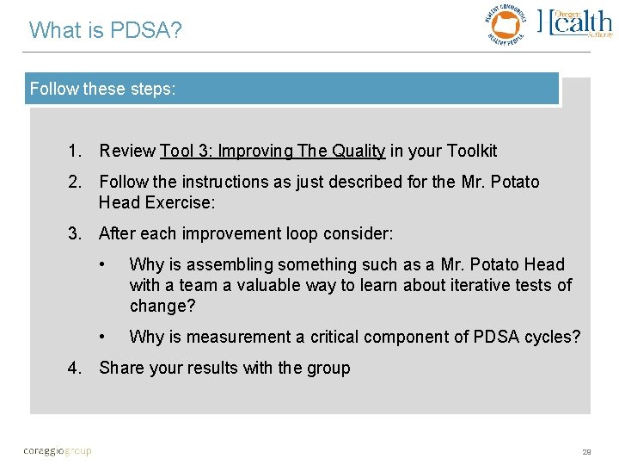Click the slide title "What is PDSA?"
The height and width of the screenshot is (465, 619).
click(x=106, y=30)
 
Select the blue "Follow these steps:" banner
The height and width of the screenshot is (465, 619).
click(x=292, y=89)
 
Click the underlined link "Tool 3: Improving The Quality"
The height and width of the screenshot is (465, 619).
click(x=273, y=152)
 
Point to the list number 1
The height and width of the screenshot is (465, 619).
click(x=75, y=152)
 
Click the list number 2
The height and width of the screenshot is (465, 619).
click(x=75, y=183)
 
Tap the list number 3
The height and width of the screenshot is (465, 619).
click(x=75, y=234)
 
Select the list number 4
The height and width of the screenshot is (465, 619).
click(x=75, y=369)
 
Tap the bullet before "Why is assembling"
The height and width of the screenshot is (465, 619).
click(x=102, y=265)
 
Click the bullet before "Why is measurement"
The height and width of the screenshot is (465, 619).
click(x=102, y=338)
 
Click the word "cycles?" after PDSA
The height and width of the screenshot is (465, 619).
click(x=552, y=338)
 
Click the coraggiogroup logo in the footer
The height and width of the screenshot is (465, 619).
click(x=58, y=450)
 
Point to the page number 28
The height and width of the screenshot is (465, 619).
click(x=586, y=451)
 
